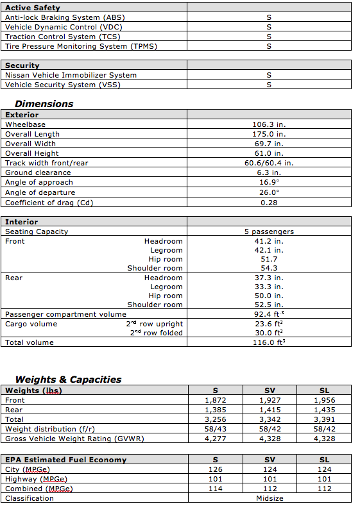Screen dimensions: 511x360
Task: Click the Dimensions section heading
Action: click(44, 103)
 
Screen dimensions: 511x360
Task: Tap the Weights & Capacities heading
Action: click(68, 379)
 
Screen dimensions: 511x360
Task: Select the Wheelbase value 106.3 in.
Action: click(269, 124)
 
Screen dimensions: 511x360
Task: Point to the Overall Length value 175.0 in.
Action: click(269, 134)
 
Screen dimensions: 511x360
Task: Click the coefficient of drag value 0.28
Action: click(269, 203)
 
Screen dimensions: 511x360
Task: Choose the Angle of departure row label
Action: click(40, 192)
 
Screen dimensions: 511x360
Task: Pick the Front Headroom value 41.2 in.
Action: click(269, 241)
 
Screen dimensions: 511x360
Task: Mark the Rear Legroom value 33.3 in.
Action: click(269, 287)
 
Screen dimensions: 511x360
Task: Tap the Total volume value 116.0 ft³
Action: click(269, 342)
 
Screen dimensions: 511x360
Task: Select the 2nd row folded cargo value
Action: click(269, 333)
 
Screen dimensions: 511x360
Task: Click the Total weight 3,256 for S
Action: click(215, 419)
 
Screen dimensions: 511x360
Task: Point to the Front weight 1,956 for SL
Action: click(324, 400)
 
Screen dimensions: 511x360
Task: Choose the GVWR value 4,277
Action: click(215, 439)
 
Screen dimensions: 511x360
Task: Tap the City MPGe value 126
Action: click(215, 469)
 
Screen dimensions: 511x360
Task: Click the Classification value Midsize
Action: click(269, 498)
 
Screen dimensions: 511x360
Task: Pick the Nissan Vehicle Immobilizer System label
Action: click(71, 75)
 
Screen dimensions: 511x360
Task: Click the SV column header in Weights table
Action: click(270, 390)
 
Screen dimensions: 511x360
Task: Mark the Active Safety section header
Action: click(33, 8)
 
